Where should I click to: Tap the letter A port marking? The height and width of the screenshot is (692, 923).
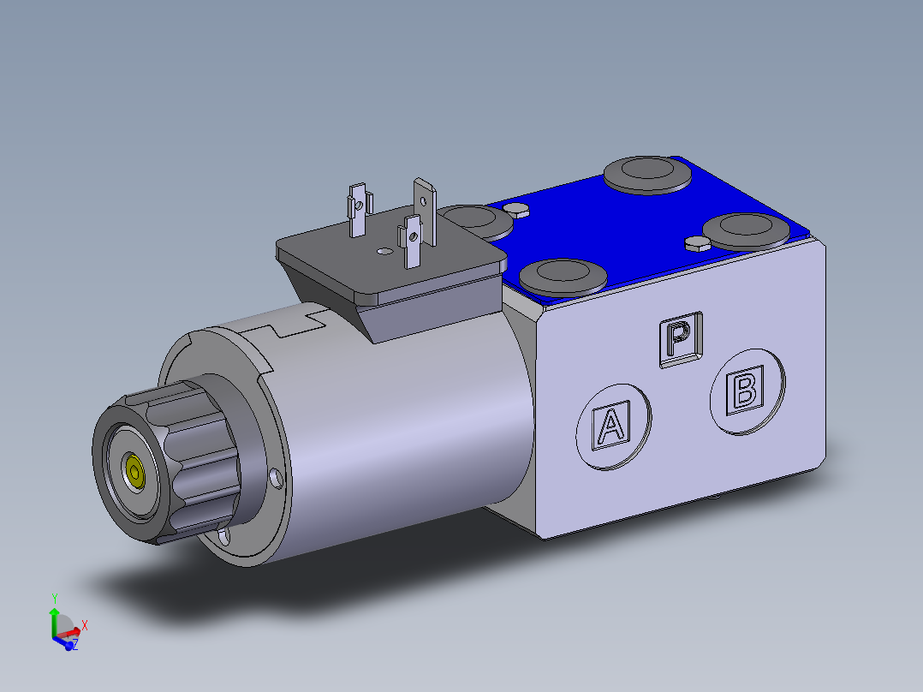(x=610, y=426)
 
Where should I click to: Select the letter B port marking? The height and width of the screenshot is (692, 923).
(x=746, y=391)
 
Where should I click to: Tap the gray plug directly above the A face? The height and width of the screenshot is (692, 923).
(x=563, y=276)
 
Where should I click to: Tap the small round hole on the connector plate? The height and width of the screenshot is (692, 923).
(x=382, y=252)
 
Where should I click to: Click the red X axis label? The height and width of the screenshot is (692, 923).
(x=84, y=625)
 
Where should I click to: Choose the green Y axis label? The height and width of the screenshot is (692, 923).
(x=54, y=598)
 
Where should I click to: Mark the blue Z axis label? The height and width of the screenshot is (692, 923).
(x=75, y=644)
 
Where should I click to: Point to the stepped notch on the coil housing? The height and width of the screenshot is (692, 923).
(x=291, y=328)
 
